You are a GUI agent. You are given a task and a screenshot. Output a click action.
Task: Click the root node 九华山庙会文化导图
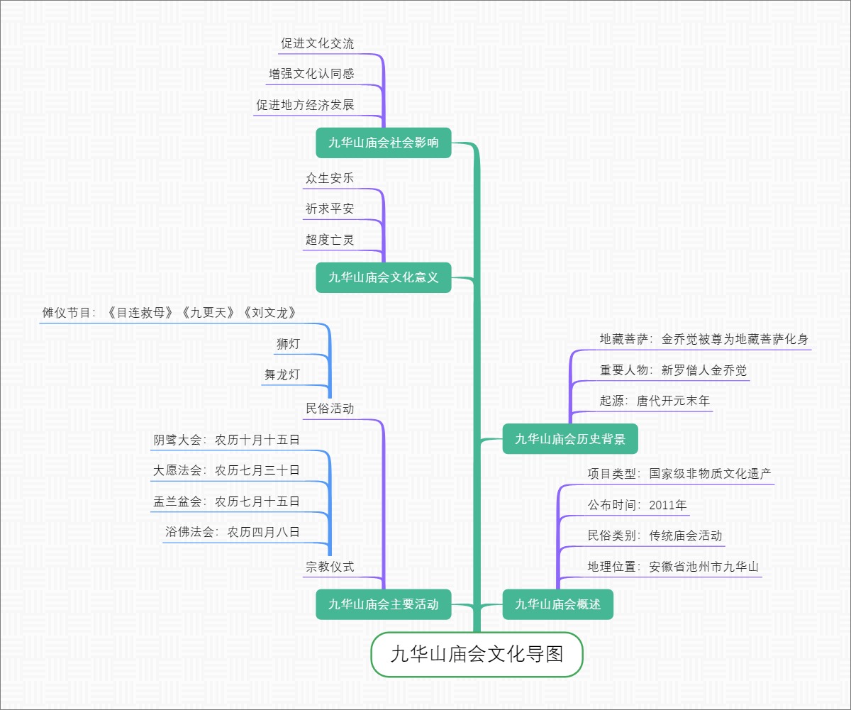coord(477,654)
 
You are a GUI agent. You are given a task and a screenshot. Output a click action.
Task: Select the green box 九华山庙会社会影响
coord(384,143)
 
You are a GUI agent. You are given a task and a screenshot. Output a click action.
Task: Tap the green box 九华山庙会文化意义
coord(384,277)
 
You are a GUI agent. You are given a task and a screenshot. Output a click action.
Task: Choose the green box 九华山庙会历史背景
coord(570,439)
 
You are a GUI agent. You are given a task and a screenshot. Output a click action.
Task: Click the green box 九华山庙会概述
coord(557,604)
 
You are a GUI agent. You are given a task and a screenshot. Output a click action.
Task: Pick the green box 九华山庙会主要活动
coord(384,604)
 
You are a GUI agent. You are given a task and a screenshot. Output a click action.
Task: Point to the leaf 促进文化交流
coord(317,43)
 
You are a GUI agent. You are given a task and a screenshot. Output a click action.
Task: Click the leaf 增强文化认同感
coord(311,74)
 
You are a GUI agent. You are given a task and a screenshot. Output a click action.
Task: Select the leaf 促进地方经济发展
coord(305,105)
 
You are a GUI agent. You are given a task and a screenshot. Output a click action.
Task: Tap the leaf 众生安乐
coord(330,179)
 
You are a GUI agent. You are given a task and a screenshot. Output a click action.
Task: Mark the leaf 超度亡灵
coord(330,240)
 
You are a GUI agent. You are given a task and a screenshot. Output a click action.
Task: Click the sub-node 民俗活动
coord(330,409)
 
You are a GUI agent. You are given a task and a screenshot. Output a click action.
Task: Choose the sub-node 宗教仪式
coord(330,567)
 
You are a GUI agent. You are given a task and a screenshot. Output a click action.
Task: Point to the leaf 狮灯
coord(288,345)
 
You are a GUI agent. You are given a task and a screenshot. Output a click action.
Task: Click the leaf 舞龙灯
coord(282,375)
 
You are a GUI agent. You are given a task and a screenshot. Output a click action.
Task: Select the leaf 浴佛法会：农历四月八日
coord(233,531)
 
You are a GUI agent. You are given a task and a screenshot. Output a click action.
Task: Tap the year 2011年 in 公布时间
coord(668,506)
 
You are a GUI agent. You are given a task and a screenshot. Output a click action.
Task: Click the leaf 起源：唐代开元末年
coord(655,401)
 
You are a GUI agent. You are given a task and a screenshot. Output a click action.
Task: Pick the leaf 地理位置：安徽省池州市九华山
coord(673,567)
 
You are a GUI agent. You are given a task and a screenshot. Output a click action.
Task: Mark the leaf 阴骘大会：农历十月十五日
coord(227,440)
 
